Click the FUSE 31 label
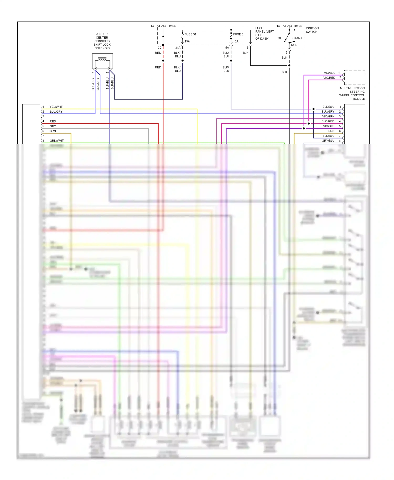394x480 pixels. (190, 34)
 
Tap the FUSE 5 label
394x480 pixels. (238, 34)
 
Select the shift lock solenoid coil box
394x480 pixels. (102, 61)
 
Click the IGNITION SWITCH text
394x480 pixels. (312, 30)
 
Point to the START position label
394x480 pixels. (297, 38)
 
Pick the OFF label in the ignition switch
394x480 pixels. (281, 38)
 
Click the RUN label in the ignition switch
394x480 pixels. (294, 45)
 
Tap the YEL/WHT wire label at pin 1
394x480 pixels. (56, 107)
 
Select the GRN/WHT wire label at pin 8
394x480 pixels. (57, 141)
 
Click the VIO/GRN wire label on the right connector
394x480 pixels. (328, 117)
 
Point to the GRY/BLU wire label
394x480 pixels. (328, 141)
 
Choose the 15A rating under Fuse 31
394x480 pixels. (187, 41)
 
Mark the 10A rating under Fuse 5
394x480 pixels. (236, 41)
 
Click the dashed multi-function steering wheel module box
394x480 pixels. (355, 77)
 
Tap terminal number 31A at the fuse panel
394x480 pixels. (178, 48)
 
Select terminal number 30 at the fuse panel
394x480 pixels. (159, 48)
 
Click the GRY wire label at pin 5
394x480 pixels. (53, 126)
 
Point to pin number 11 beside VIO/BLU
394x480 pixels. (340, 73)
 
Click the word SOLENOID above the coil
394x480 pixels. (102, 48)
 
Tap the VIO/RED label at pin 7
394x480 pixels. (329, 78)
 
